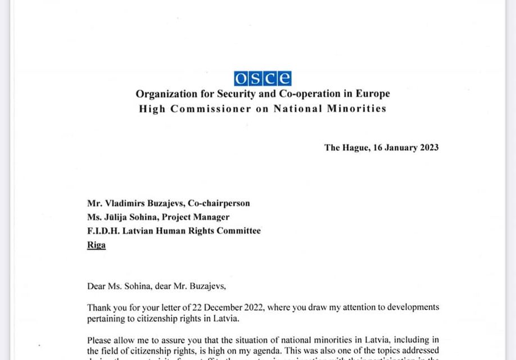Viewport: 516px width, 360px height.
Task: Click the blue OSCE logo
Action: [262, 78]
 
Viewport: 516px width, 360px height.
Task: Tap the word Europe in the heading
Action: [372, 94]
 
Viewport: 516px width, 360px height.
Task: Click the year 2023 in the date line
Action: [427, 147]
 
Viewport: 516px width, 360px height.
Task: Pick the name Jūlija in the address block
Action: [119, 217]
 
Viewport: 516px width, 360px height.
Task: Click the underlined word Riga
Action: [96, 245]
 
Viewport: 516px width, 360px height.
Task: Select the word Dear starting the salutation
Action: [97, 286]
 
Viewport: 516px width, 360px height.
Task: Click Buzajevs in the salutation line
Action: [206, 286]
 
